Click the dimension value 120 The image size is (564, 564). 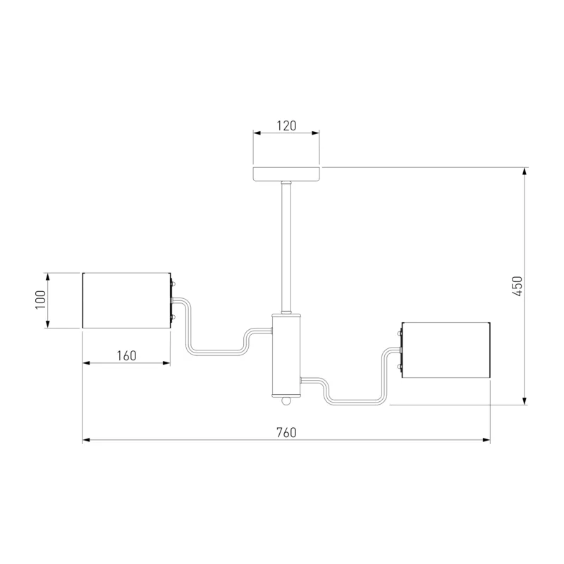click(x=287, y=126)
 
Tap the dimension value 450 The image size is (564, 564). click(x=517, y=286)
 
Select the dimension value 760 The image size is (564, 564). click(x=287, y=432)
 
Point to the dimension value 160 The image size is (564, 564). click(x=127, y=356)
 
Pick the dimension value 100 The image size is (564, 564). click(x=40, y=300)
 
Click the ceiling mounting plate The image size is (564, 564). click(x=286, y=174)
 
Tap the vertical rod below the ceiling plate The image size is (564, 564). click(x=286, y=248)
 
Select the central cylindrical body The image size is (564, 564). click(x=286, y=355)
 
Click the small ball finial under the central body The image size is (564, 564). click(x=286, y=400)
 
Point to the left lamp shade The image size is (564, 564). click(x=126, y=300)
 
